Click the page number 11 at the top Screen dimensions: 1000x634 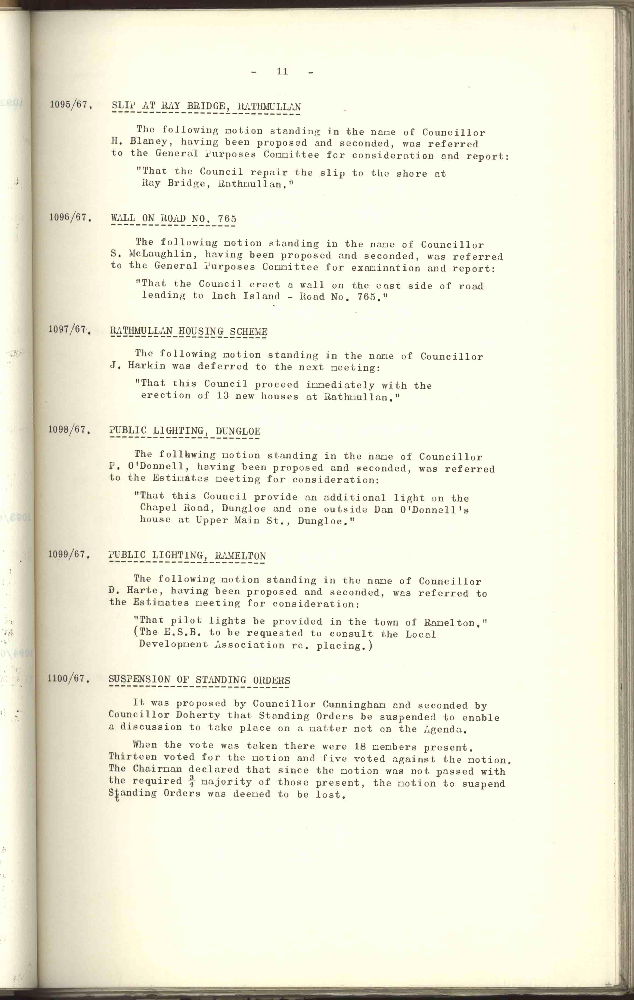pos(282,71)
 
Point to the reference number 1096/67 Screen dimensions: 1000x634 pos(69,217)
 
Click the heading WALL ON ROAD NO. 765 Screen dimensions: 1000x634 pos(174,218)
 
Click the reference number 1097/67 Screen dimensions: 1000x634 pos(69,330)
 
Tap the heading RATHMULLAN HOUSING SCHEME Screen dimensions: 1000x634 pos(189,331)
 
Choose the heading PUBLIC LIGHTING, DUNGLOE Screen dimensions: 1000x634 pos(185,431)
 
